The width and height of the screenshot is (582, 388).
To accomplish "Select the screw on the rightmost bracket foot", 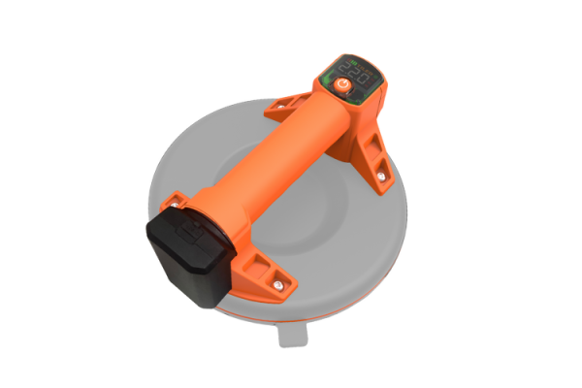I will [x=379, y=176].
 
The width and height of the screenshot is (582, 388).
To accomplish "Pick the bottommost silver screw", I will [x=279, y=284].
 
